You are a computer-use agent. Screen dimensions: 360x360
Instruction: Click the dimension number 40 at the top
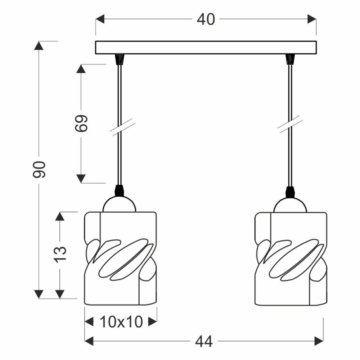point(206,19)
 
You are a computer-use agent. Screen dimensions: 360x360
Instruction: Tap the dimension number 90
point(39,170)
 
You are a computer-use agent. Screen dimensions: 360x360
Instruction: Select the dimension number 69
point(81,123)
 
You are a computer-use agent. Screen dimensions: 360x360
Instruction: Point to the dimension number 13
point(60,255)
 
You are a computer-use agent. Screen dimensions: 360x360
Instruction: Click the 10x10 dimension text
point(121,321)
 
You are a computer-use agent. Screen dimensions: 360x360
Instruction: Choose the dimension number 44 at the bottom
point(204,341)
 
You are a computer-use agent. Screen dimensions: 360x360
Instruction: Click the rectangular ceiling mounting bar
point(206,48)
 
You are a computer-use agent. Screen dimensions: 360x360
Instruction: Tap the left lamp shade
point(121,259)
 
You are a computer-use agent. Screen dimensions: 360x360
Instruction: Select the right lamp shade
point(291,259)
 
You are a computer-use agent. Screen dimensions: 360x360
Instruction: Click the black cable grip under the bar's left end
point(120,59)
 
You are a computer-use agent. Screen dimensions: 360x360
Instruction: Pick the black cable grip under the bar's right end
point(290,59)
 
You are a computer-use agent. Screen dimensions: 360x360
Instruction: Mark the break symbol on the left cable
point(122,127)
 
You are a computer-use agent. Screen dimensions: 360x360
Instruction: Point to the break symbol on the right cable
point(290,124)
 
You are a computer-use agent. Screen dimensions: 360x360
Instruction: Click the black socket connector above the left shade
point(120,190)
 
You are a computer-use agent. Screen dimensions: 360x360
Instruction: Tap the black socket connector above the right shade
point(290,192)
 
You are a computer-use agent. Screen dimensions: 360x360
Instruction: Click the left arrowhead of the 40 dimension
point(100,19)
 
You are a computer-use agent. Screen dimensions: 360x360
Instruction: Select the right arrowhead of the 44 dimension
point(319,341)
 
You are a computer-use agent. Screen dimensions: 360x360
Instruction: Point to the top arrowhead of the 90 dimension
point(39,45)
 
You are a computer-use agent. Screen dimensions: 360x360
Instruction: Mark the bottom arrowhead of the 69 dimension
point(81,179)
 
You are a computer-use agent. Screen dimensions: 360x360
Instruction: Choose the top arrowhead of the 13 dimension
point(60,216)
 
